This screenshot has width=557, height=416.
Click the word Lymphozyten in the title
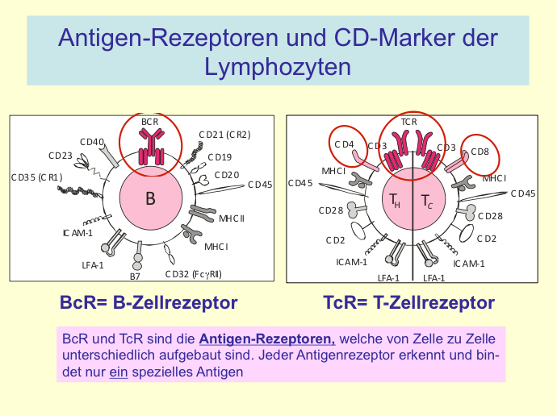pyautogui.click(x=278, y=65)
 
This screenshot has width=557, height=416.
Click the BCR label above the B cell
pyautogui.click(x=150, y=121)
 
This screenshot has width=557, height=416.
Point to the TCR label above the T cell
pyautogui.click(x=408, y=122)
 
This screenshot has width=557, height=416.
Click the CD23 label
pyautogui.click(x=61, y=156)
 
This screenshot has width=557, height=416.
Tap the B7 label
pyautogui.click(x=135, y=276)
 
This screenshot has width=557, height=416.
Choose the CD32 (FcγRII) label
pyautogui.click(x=193, y=273)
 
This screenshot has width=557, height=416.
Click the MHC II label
pyautogui.click(x=232, y=218)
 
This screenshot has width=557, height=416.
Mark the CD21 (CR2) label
pyautogui.click(x=224, y=134)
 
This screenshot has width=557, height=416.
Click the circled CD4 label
pyautogui.click(x=345, y=145)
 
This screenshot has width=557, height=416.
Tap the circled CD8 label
pyautogui.click(x=480, y=151)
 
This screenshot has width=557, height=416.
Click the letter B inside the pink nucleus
pyautogui.click(x=150, y=199)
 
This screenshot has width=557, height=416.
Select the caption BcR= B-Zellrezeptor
pyautogui.click(x=149, y=303)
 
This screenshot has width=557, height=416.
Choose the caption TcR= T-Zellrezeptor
pyautogui.click(x=408, y=303)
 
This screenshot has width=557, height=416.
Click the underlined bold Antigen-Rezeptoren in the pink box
pyautogui.click(x=266, y=339)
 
